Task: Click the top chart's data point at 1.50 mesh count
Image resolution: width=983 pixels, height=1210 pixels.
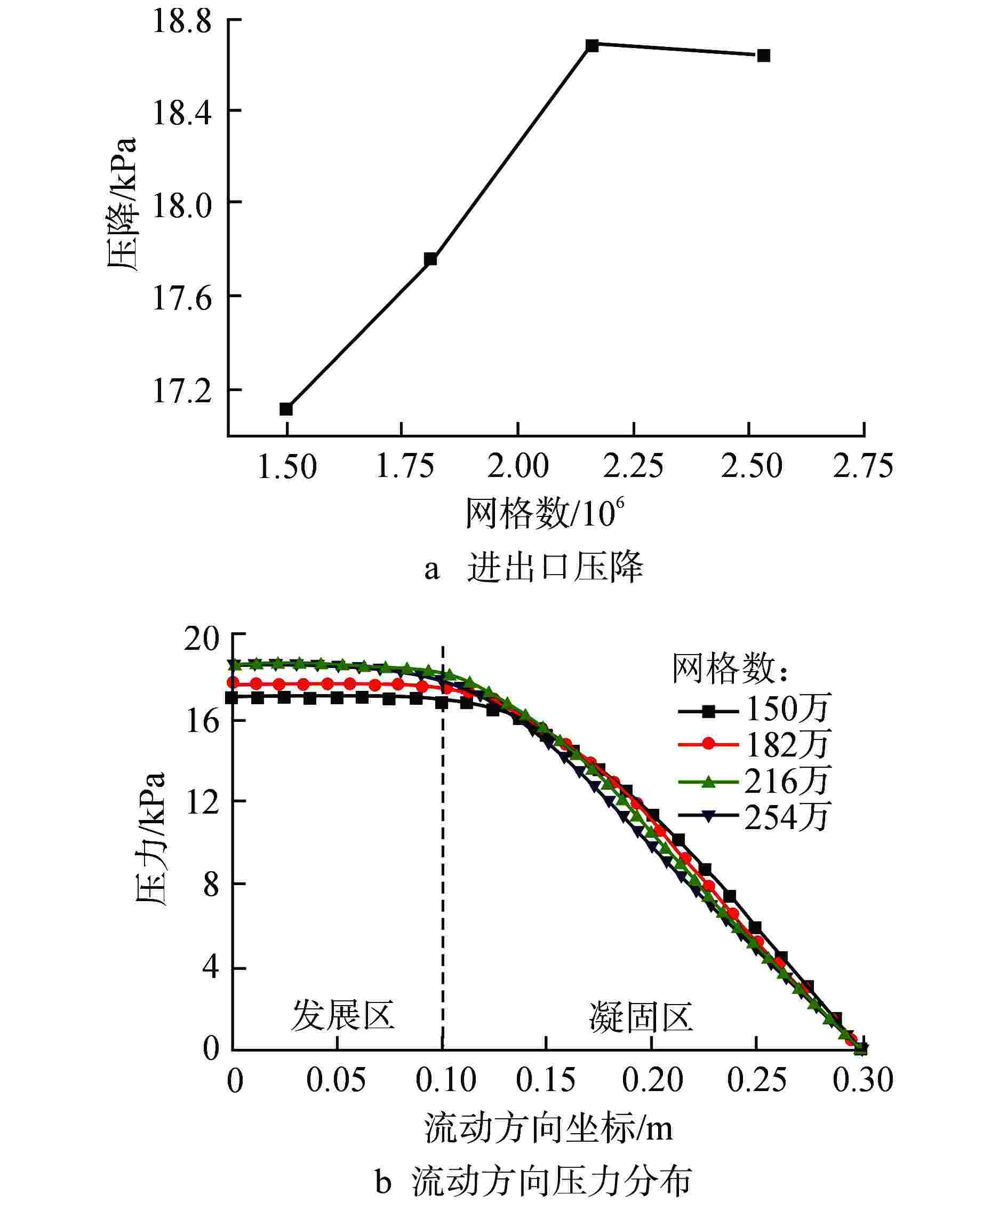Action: [286, 409]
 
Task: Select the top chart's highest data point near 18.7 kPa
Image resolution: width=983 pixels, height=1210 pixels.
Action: [592, 46]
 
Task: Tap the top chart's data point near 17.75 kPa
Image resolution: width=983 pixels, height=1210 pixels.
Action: [430, 259]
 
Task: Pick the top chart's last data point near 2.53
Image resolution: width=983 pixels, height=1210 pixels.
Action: [763, 55]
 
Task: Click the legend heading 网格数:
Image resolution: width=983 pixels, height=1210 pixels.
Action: [731, 669]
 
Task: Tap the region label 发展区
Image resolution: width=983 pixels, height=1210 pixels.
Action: [343, 1015]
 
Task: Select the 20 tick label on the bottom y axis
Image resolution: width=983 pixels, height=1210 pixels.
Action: [202, 639]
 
